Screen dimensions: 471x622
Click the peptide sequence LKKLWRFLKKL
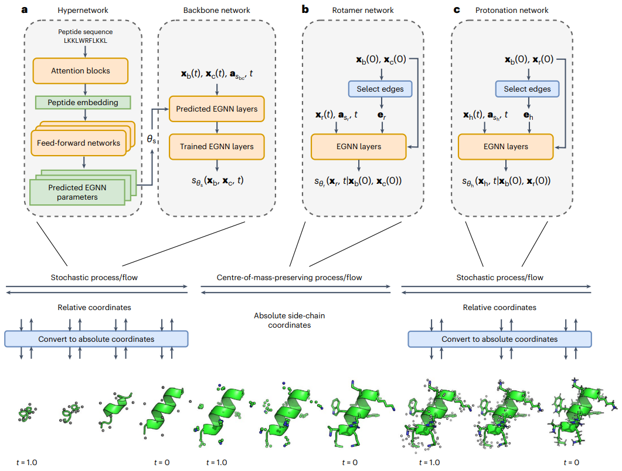coord(86,41)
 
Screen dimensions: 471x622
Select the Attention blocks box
coord(80,70)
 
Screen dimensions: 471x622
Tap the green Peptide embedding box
coord(83,102)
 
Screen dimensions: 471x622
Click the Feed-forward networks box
coord(79,142)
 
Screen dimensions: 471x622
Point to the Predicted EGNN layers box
coord(217,109)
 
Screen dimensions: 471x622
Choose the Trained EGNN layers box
coord(217,146)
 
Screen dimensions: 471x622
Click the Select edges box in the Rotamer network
coord(380,89)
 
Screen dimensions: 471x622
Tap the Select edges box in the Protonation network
coord(527,89)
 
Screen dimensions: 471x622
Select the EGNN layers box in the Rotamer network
coord(358,146)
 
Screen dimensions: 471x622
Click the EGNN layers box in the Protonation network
coord(505,146)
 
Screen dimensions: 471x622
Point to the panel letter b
coord(305,9)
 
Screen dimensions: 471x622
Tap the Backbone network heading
coord(217,10)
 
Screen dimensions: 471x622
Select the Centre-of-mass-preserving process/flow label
coord(290,277)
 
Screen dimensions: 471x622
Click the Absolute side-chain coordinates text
coord(290,320)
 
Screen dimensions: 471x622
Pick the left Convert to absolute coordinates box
coord(96,339)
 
